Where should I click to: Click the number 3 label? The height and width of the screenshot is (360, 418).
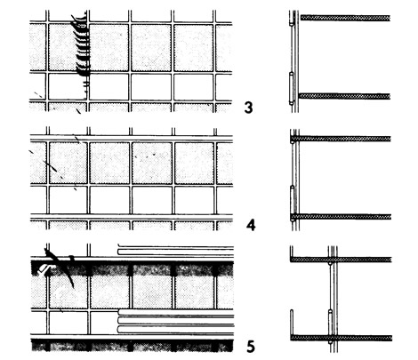[x=248, y=108]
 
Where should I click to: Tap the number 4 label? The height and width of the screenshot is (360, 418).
[x=251, y=226]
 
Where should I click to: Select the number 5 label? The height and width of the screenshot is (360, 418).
[x=251, y=347]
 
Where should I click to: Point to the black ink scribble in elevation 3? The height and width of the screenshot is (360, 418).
[x=82, y=51]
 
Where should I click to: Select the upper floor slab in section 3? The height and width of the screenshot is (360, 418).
[x=345, y=18]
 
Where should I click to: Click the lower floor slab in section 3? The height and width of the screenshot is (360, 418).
[x=344, y=96]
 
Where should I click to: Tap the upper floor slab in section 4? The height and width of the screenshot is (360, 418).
[x=341, y=139]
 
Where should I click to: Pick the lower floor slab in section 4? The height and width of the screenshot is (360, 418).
[x=341, y=217]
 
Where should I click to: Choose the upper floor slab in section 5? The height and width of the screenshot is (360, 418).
[x=341, y=260]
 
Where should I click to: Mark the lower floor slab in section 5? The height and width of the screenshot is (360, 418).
[x=342, y=338]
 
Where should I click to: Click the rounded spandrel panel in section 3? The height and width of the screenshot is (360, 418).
[x=291, y=88]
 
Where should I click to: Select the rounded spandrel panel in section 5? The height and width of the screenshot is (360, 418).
[x=330, y=326]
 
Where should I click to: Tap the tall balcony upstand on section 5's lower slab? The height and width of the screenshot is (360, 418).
[x=292, y=323]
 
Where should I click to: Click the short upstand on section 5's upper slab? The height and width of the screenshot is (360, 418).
[x=292, y=252]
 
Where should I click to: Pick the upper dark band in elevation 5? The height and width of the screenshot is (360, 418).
[x=133, y=268]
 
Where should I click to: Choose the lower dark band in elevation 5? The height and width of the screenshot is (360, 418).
[x=133, y=346]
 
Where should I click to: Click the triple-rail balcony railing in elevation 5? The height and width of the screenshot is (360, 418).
[x=176, y=321]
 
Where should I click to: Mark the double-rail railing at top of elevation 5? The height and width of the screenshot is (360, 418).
[x=176, y=250]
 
